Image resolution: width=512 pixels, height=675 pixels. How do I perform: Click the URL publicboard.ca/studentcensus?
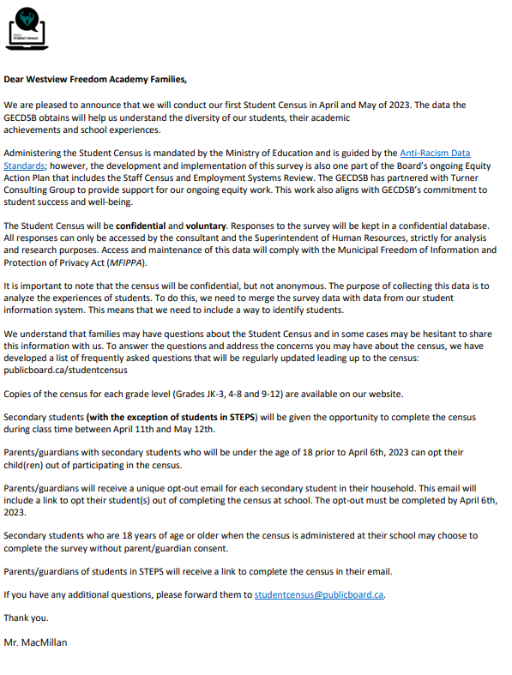tap(66, 371)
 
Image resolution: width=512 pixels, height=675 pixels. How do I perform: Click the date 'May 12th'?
tap(196, 430)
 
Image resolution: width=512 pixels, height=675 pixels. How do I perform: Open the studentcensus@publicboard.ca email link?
tap(319, 594)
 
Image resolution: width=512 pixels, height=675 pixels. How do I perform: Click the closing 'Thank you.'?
tap(27, 618)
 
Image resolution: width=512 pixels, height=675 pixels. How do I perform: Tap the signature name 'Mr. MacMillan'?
tap(36, 642)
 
